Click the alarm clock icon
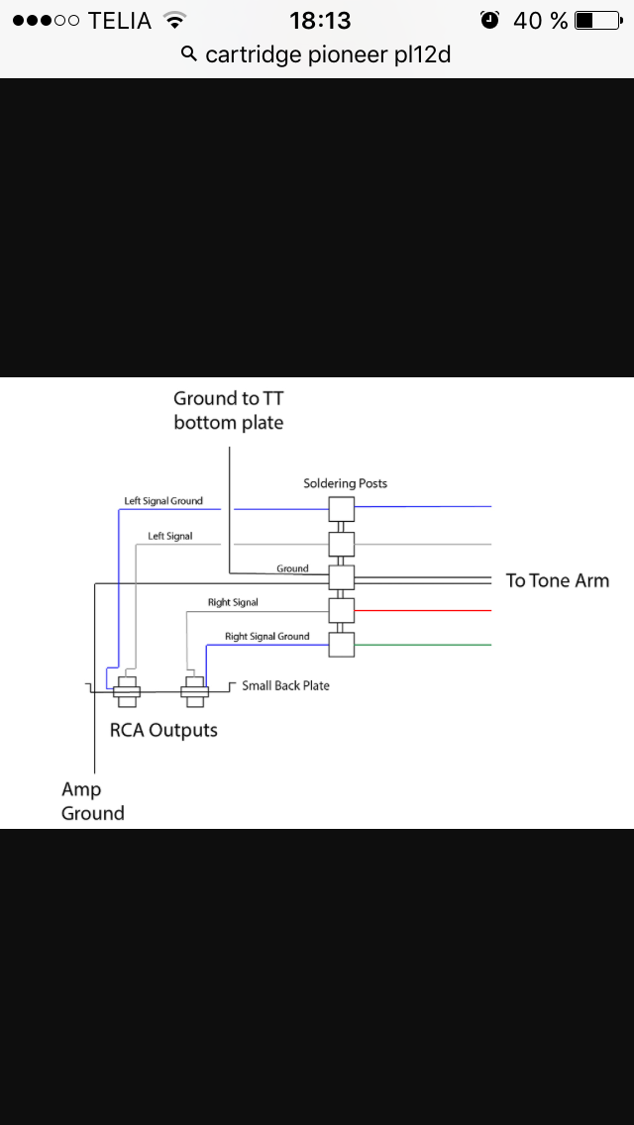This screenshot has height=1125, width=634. (x=489, y=20)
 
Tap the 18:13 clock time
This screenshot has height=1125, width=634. (x=321, y=20)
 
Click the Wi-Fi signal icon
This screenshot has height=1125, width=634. (x=175, y=20)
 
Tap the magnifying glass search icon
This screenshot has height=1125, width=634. (x=189, y=54)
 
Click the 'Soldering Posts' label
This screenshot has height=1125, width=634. (x=345, y=483)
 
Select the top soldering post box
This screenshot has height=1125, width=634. (x=342, y=509)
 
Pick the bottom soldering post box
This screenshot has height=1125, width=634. (x=342, y=645)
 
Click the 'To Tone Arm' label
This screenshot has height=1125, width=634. (x=557, y=580)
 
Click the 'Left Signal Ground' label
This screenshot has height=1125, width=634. (x=163, y=501)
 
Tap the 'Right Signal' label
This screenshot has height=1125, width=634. (x=233, y=602)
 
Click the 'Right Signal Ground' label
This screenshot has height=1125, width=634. (x=266, y=637)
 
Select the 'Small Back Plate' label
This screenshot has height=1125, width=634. (x=285, y=685)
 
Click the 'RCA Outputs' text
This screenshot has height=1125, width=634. (x=163, y=731)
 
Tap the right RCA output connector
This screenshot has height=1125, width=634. (x=194, y=691)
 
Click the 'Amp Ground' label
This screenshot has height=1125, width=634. (x=93, y=801)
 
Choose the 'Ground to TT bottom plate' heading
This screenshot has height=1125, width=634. (x=228, y=410)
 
